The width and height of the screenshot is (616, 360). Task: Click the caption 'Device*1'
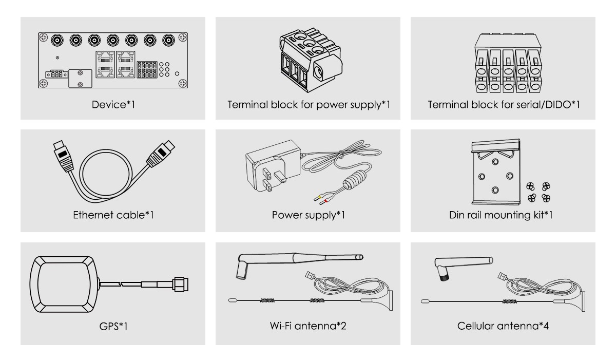point(113,104)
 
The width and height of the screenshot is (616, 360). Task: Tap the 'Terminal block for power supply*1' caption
point(309,105)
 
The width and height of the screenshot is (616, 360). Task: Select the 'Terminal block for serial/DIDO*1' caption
point(504,104)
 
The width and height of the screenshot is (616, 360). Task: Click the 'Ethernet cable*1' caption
point(113,215)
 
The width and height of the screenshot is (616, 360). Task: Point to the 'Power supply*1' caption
point(309,215)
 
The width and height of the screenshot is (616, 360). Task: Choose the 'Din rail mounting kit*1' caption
point(501,215)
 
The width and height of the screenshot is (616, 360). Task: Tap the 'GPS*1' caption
point(113,326)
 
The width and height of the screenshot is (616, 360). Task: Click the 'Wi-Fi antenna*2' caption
point(308,326)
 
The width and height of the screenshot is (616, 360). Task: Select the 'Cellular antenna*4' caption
point(503,326)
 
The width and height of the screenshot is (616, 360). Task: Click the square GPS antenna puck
point(64,284)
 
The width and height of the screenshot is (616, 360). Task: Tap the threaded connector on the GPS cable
point(181,285)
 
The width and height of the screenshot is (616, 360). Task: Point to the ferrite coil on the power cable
point(355,180)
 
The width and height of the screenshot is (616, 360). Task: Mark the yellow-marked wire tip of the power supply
point(318,197)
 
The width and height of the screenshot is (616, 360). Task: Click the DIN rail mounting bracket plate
point(496,172)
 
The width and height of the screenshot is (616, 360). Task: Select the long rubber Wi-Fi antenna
point(299,264)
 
